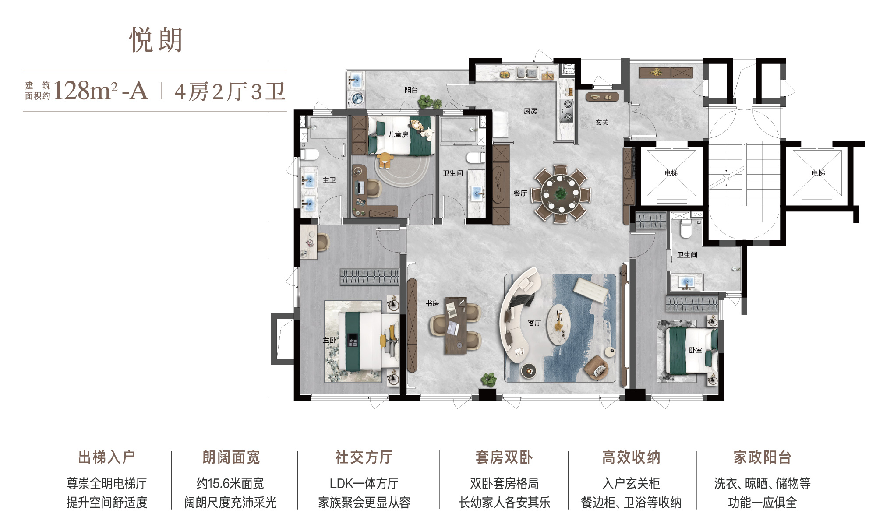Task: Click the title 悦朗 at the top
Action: coord(156,40)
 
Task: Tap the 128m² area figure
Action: coord(85,91)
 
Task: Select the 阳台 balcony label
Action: coord(411,90)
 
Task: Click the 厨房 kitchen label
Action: coord(530,111)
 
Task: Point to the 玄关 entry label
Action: coord(602,122)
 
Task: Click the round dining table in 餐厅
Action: coord(561,193)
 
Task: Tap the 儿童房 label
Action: coord(398,134)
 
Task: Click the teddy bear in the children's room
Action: coord(385,160)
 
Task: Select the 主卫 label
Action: coord(329,180)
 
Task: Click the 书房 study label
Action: coord(432,303)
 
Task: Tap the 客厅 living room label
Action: coord(534,323)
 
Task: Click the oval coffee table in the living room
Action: coord(558,324)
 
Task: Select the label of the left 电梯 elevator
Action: coord(671,173)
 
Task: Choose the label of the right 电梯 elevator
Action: coord(818,173)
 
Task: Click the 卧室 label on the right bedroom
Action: coord(696,350)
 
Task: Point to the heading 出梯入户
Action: coord(106,457)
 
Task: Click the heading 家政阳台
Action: coord(763,457)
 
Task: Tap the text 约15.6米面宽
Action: coord(230,484)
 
